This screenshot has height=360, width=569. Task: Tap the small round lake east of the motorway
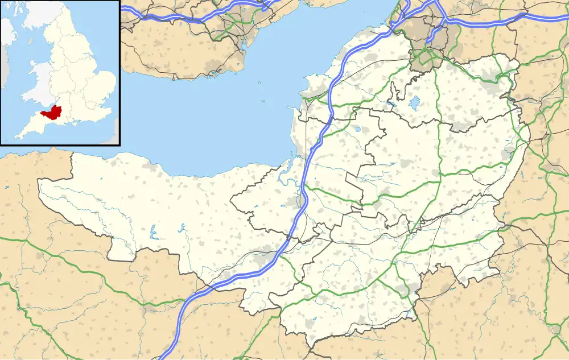coord(357,129)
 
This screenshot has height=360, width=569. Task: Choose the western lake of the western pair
coord(152,231)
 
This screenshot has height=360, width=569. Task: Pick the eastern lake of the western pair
coord(182,228)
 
